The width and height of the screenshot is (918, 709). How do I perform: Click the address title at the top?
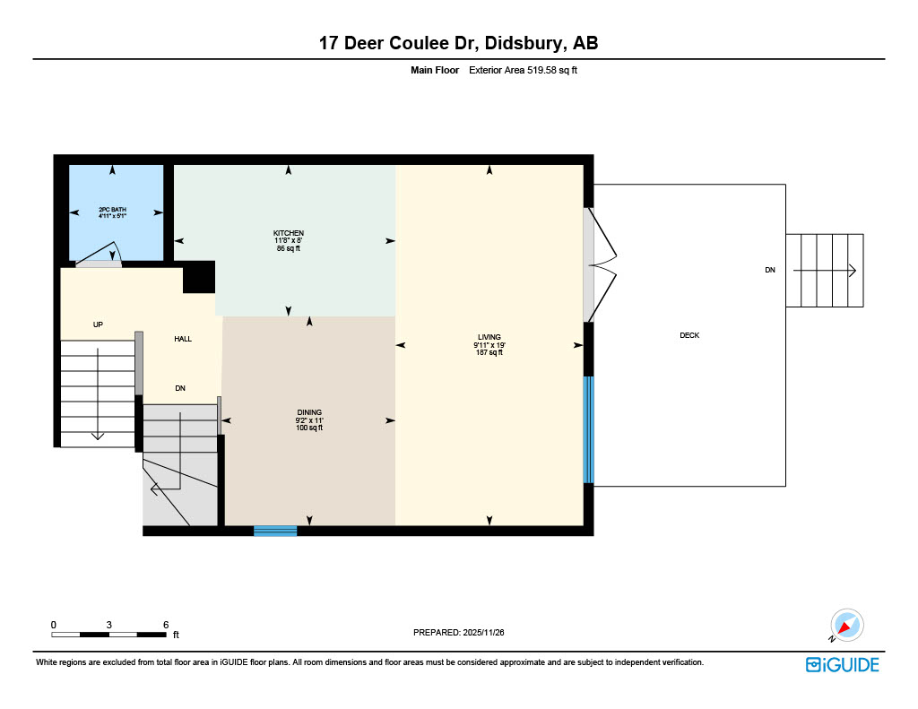tap(458, 42)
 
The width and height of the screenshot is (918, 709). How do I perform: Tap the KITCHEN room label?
tap(289, 233)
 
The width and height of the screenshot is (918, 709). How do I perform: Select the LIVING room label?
tap(489, 337)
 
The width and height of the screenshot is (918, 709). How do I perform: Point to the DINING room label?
tap(309, 412)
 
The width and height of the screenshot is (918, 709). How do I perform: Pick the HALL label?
tap(183, 339)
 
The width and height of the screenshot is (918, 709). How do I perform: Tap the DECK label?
tap(688, 335)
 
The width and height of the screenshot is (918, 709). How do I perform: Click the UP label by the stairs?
tap(98, 324)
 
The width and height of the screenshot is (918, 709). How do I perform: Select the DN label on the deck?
tap(769, 270)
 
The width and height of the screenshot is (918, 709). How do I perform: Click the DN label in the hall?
tap(180, 388)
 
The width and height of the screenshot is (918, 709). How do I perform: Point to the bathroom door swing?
tap(100, 255)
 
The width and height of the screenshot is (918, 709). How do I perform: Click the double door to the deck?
tap(599, 265)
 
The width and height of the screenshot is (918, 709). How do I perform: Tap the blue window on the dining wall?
tap(275, 531)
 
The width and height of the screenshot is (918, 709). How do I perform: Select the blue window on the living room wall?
tap(588, 429)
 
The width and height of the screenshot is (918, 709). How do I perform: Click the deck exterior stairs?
tap(825, 270)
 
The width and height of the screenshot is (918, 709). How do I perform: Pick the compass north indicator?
tap(845, 625)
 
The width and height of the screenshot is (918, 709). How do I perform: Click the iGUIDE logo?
tap(842, 664)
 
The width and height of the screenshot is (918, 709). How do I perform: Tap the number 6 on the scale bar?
tap(166, 624)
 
